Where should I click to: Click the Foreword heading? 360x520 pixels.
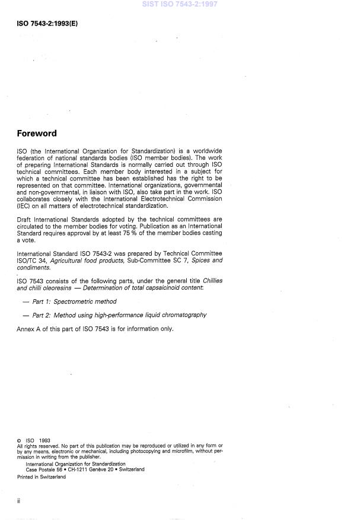[37, 134]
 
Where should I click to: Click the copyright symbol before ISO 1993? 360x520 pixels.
[19, 440]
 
